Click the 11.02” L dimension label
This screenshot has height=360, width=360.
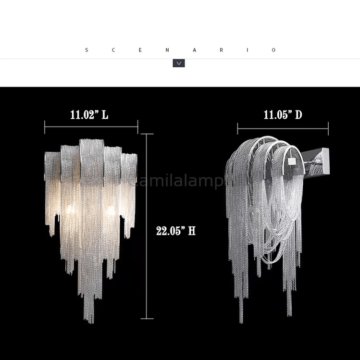click(89, 115)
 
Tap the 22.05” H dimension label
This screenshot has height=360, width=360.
click(175, 231)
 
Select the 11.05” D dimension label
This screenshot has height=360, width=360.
click(283, 115)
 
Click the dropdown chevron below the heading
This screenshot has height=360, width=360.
click(179, 63)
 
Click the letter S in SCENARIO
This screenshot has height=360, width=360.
click(87, 50)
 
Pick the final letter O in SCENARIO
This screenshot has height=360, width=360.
click(274, 50)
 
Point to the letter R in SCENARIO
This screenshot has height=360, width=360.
click(221, 50)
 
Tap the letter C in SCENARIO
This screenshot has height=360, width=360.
click(113, 50)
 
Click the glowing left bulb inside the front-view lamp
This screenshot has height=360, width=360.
click(70, 210)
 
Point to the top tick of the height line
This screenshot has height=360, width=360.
click(147, 134)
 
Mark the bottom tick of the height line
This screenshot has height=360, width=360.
click(147, 318)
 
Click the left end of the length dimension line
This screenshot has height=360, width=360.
click(45, 127)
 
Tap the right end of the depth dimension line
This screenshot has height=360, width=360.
click(328, 128)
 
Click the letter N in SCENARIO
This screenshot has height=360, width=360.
click(167, 50)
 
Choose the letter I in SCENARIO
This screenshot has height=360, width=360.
click(248, 50)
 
